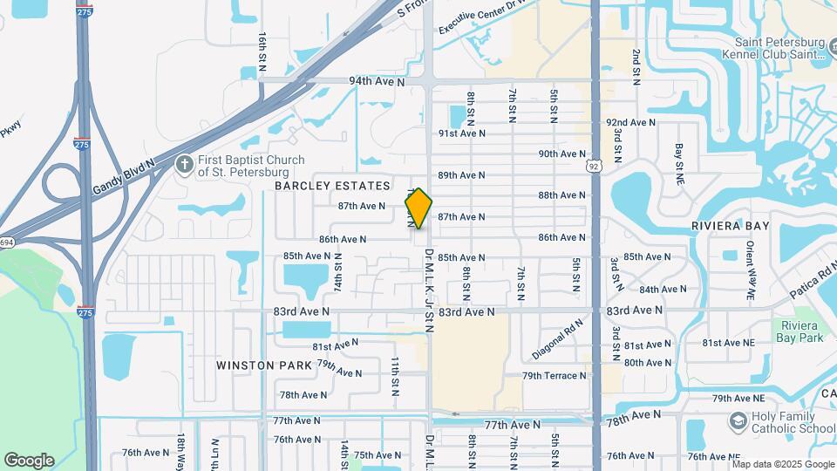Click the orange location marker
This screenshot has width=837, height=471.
(x=418, y=208)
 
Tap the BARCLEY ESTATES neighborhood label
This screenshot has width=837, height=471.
(x=332, y=186)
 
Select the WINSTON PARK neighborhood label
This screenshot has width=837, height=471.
(x=259, y=365)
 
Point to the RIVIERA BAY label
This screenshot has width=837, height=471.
(x=731, y=226)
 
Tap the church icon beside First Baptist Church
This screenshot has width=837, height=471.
(x=184, y=165)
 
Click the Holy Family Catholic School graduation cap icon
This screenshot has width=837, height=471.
(x=738, y=422)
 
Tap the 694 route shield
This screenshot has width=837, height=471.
(x=5, y=242)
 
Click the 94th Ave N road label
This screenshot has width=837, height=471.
(x=378, y=81)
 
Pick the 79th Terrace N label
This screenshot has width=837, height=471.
(x=555, y=376)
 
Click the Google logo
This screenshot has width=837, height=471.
(x=29, y=461)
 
